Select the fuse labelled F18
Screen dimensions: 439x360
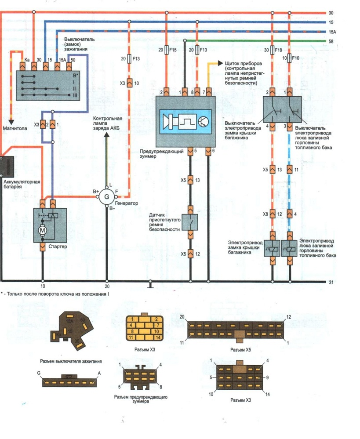click(273, 51)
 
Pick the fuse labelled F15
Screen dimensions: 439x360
click(166, 51)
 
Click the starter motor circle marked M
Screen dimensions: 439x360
click(42, 229)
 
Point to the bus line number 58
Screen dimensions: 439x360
click(331, 41)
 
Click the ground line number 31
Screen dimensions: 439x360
click(331, 282)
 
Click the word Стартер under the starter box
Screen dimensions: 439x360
click(58, 247)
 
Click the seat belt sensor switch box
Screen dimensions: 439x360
click(190, 222)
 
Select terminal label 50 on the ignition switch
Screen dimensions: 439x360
click(73, 58)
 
